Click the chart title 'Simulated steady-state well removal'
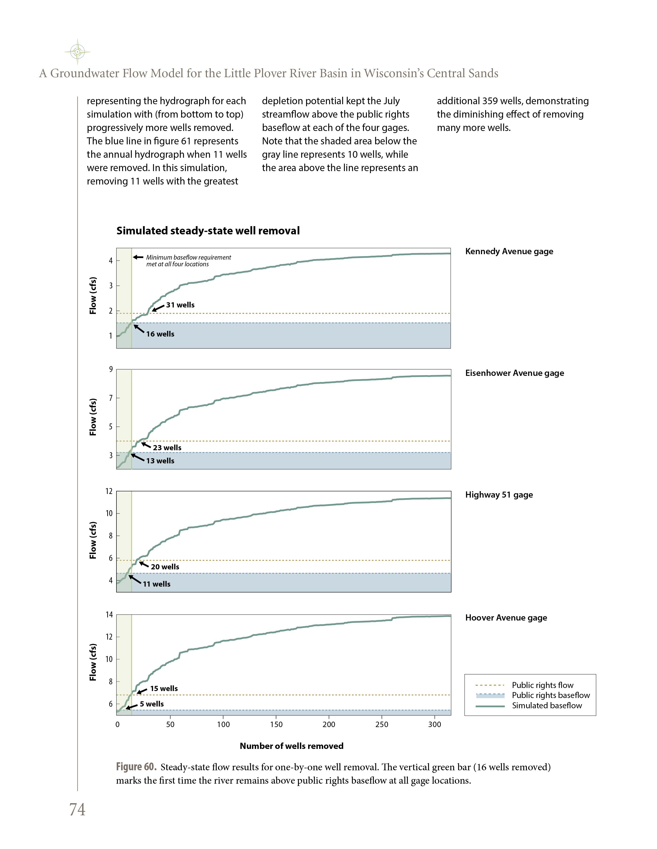point(208,231)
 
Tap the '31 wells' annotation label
point(180,305)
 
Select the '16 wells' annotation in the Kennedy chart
point(160,334)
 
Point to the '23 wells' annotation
point(167,448)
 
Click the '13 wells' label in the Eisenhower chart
point(160,461)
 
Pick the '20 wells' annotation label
point(165,567)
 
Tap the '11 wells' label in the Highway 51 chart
point(156,584)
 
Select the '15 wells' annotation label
point(164,688)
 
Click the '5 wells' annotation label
point(152,704)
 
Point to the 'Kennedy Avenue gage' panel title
point(509,252)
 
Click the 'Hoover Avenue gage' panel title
point(506,618)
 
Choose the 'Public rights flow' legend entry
point(542,685)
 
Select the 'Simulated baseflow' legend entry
point(546,705)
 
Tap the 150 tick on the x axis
point(276,724)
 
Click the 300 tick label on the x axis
point(434,724)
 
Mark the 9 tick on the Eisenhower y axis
point(111,369)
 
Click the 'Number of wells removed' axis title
point(291,746)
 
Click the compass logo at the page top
point(78,52)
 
